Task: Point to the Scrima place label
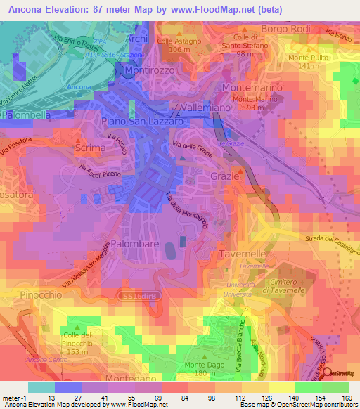89,148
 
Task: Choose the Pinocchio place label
42,294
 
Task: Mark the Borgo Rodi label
286,29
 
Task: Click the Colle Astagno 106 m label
174,45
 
